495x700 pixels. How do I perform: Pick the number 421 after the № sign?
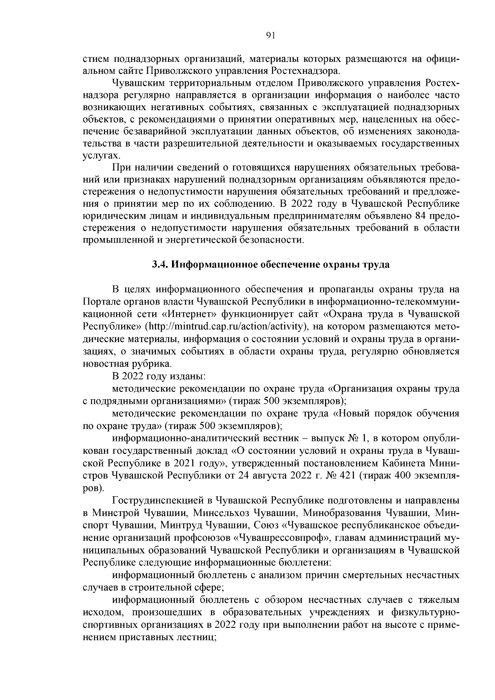348,476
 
